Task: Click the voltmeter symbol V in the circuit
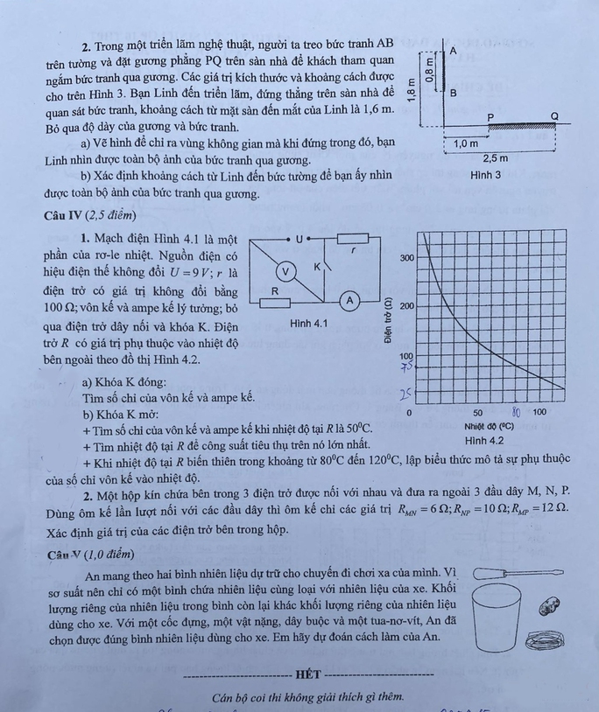pos(285,271)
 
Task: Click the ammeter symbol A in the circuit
pos(349,300)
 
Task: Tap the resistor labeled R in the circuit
pos(274,303)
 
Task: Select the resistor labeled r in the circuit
pos(352,238)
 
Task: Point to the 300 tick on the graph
pos(407,258)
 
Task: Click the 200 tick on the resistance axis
pos(407,307)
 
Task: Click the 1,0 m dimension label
pos(465,143)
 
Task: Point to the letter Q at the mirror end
pos(553,116)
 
